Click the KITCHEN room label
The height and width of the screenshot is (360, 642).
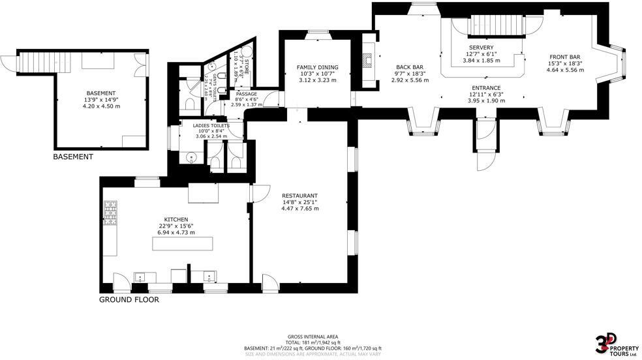[x=176, y=220]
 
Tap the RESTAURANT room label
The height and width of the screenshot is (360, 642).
[x=299, y=196]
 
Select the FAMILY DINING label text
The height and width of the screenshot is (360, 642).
[x=316, y=67]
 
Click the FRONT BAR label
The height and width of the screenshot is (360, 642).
[x=563, y=57]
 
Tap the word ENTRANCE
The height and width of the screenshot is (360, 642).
[x=486, y=87]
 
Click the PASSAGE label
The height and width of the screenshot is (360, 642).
[x=246, y=94]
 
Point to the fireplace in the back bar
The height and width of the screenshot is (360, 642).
[x=369, y=61]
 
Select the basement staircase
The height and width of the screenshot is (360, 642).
[x=38, y=63]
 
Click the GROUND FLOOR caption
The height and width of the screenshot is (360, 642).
[x=129, y=300]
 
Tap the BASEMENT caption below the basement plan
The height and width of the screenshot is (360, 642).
[x=73, y=157]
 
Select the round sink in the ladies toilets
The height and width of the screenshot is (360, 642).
[x=191, y=157]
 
